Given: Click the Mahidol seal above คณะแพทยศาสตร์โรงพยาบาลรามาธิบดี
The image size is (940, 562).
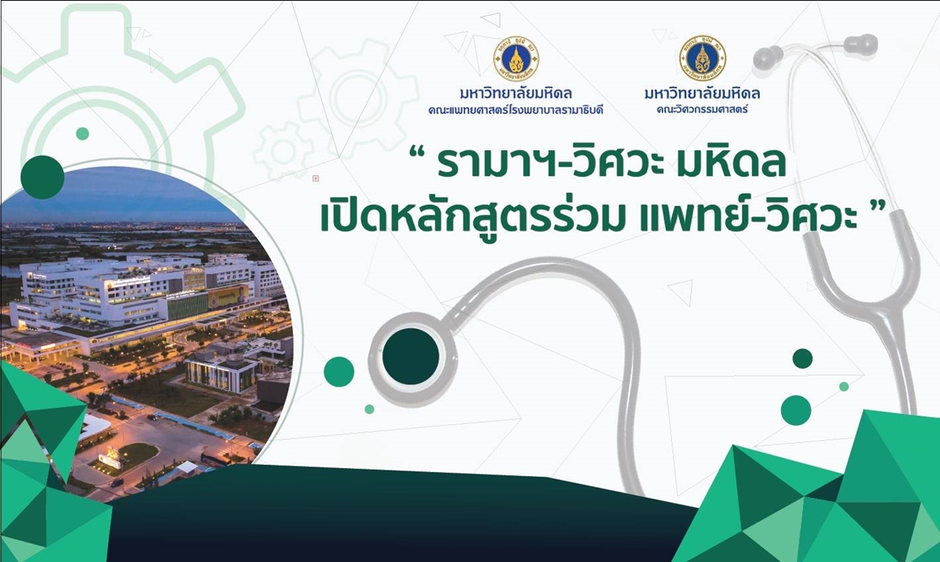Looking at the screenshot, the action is [x=516, y=59].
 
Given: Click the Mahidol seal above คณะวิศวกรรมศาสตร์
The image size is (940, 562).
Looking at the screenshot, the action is [x=703, y=58].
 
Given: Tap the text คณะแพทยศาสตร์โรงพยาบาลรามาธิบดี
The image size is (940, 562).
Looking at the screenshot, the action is [x=515, y=110].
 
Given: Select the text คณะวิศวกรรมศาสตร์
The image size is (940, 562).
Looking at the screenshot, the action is [x=702, y=110].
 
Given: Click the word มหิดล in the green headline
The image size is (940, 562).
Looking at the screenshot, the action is [x=731, y=164].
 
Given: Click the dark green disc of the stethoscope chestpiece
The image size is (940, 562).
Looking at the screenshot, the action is [x=410, y=356].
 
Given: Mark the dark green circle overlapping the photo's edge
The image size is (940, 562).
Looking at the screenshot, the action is [x=42, y=177].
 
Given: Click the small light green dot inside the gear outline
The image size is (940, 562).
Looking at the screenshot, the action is [x=83, y=134].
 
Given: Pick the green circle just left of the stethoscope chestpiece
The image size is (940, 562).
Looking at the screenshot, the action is [x=339, y=372].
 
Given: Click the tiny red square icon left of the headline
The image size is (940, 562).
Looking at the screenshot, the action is [x=316, y=178].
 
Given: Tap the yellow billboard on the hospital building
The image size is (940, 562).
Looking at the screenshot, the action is [x=228, y=296].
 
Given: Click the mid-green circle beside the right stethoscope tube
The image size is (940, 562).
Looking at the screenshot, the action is [x=796, y=410].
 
